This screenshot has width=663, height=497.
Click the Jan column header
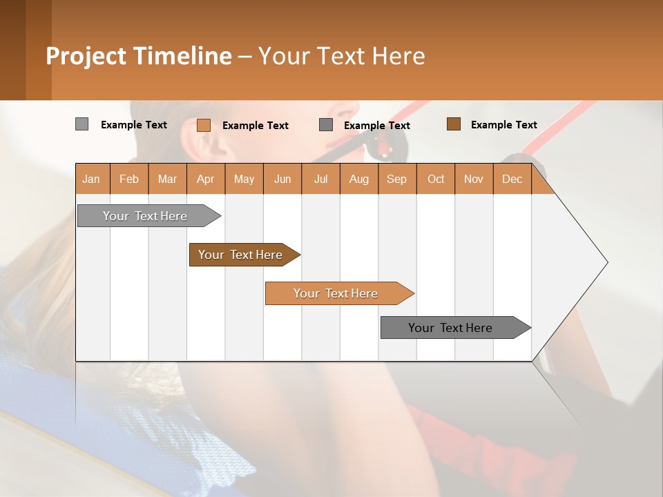coord(91,179)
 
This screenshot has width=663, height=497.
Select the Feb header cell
coord(129,179)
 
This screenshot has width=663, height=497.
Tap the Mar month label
coord(167,179)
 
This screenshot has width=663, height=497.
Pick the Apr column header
coord(205,179)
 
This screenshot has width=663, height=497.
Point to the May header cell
coord(244,179)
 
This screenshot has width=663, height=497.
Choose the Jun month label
coord(282,179)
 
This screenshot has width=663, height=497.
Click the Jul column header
coord(320,179)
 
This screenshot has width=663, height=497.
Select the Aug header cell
coord(358,179)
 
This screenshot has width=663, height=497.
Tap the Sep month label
coord(396,179)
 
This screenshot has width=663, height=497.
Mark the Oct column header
coord(436,179)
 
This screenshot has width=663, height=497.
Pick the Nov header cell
coord(473,179)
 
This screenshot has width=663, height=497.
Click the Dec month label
coord(512,179)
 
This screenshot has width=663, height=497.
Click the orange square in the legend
coord(203,125)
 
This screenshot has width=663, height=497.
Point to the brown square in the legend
coord(453,124)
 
